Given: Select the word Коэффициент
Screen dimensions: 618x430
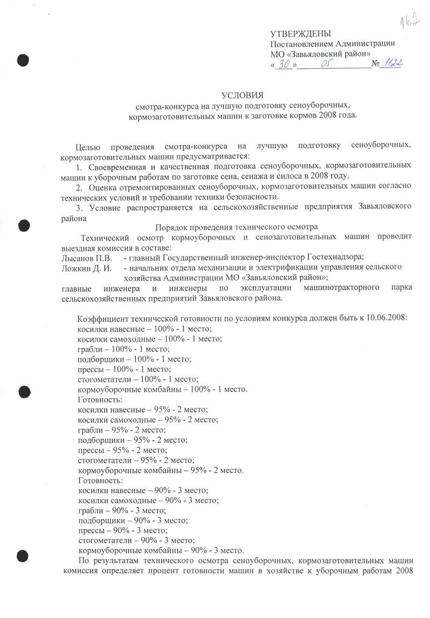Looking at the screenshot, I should pyautogui.click(x=103, y=317).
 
